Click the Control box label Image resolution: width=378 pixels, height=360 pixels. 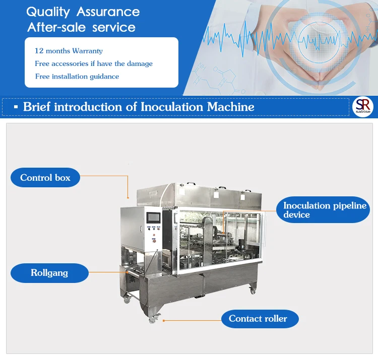tap(45, 178)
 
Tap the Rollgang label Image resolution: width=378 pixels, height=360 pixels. tap(49, 273)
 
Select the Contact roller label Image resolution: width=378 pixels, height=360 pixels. tap(258, 319)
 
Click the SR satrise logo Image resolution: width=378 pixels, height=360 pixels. tap(362, 106)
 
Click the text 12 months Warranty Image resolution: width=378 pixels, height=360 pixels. tap(69, 51)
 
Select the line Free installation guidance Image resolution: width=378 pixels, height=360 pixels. tap(77, 77)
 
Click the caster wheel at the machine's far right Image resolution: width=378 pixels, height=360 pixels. tap(253, 290)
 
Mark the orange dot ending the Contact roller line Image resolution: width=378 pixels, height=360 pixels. tap(163, 319)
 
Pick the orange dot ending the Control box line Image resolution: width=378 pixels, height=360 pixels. tap(128, 197)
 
